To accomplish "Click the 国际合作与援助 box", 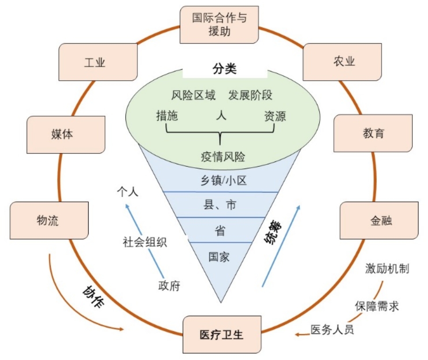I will tap(219, 25).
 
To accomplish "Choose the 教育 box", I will tap(373, 134).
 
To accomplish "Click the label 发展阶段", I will tap(250, 95).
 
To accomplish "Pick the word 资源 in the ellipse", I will tap(275, 116).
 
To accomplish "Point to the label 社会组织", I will tap(145, 242).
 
